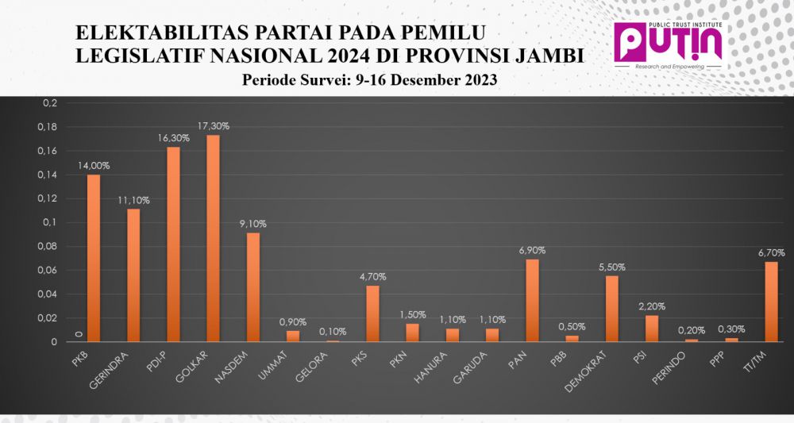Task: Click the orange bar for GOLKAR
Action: pos(213,238)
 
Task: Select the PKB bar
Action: pos(94,258)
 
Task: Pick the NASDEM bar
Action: pos(252,286)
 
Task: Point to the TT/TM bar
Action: pos(771,302)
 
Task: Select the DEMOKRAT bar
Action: pos(611,309)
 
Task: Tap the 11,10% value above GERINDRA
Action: pos(133,200)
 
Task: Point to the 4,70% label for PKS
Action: pos(372,277)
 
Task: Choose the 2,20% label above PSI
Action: pos(651,306)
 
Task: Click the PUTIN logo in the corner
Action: pos(669,44)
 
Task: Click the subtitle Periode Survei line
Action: pos(369,80)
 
